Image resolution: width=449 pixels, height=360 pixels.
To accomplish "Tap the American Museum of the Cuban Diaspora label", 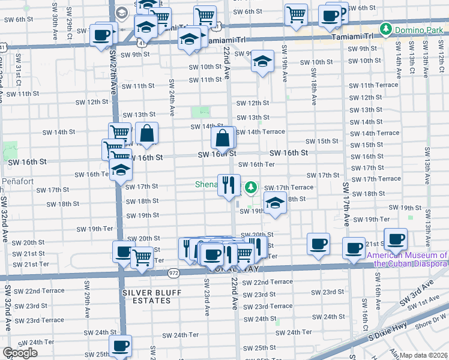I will coord(407,259).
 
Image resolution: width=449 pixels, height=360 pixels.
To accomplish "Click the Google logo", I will coord(20,353).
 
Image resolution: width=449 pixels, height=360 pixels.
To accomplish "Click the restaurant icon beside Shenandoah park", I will coord(228,185).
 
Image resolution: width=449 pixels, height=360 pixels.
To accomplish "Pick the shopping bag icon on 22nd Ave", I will coord(223,138).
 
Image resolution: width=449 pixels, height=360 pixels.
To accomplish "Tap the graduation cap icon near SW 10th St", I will coord(262,61).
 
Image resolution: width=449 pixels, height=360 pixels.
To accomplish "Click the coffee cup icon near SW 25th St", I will coord(121,346).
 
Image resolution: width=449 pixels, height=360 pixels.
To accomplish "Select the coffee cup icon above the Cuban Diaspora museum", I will coord(396,239).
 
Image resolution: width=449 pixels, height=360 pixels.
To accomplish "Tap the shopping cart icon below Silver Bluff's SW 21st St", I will coord(141,257).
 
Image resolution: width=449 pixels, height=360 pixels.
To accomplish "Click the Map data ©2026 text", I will coord(423,355).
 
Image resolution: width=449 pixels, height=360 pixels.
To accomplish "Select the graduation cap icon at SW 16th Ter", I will coord(121,170).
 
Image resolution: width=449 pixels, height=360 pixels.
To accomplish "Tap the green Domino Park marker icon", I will coord(385,28).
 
